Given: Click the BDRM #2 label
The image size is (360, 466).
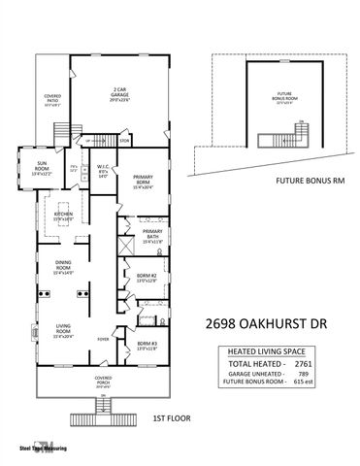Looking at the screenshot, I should tap(147, 278).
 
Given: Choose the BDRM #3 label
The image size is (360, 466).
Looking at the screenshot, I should tap(147, 345).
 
